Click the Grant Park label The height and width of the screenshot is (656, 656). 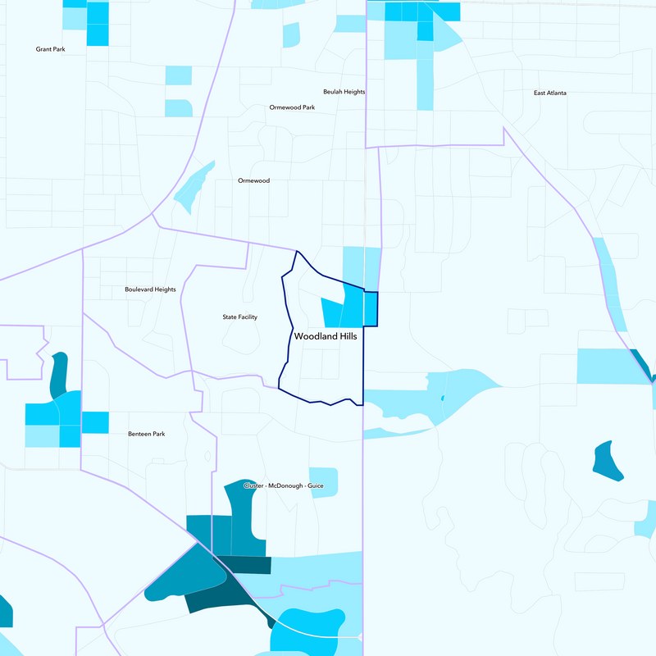pos(50,49)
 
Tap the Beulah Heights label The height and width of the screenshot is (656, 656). pos(344,92)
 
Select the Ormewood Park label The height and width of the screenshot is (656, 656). pos(292,107)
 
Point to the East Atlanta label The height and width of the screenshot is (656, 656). pos(549,93)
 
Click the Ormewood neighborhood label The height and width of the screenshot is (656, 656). pos(253,180)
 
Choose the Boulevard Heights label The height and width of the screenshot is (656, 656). pos(150,289)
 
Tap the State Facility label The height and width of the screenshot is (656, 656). pos(240,317)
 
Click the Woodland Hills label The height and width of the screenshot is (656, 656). pos(326,336)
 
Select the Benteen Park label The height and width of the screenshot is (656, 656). pos(147,434)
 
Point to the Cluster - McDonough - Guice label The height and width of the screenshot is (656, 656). pos(284,486)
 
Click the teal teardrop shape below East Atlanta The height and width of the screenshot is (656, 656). pos(607,460)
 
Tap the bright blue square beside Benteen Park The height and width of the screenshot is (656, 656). pos(95,421)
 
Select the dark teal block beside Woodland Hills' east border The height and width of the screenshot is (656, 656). pos(371,308)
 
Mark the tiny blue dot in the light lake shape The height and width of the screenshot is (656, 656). pos(442,399)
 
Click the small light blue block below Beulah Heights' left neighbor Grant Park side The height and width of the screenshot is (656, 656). pos(178,75)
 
